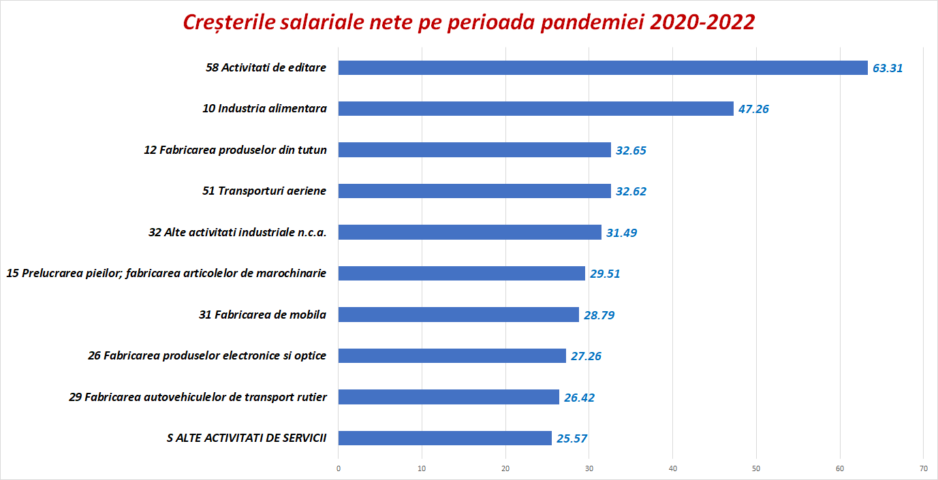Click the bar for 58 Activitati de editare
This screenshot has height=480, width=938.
pos(603,67)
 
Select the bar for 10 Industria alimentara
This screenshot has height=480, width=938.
pos(535,108)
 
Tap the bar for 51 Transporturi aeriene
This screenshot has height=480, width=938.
pos(474,191)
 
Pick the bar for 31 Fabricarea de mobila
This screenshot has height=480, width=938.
pos(458,315)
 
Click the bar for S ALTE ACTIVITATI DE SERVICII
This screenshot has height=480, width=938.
pos(445,438)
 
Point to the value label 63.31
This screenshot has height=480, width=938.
pos(888,68)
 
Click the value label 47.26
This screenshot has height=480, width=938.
pos(753,109)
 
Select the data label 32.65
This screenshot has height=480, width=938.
pos(631,150)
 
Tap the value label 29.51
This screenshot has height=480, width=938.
pos(605,274)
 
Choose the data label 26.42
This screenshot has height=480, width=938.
pos(579,398)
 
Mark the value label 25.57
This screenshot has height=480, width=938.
pos(572,438)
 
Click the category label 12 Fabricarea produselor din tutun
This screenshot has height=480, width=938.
pos(236,150)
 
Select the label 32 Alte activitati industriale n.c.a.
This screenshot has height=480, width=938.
pos(238,232)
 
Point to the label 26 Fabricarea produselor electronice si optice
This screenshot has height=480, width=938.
pos(207,355)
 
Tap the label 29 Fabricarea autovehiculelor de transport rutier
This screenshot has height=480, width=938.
pos(198,397)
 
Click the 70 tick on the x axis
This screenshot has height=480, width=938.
pos(923,468)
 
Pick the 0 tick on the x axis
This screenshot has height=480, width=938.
pos(339,468)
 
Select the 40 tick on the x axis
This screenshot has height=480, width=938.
pos(673,468)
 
